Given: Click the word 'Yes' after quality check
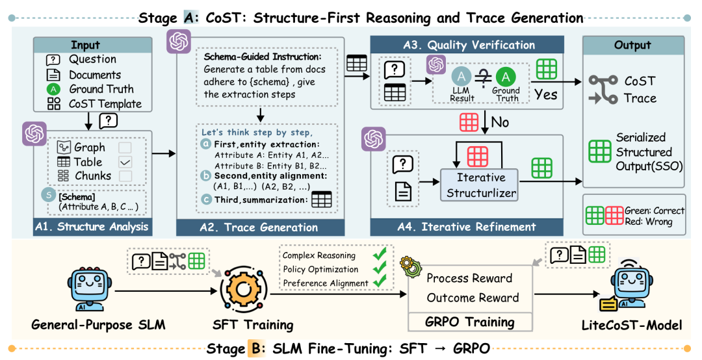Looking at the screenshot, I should point(546,95).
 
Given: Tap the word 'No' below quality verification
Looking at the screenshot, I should point(501,122).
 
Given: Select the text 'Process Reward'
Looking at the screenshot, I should point(469,278).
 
